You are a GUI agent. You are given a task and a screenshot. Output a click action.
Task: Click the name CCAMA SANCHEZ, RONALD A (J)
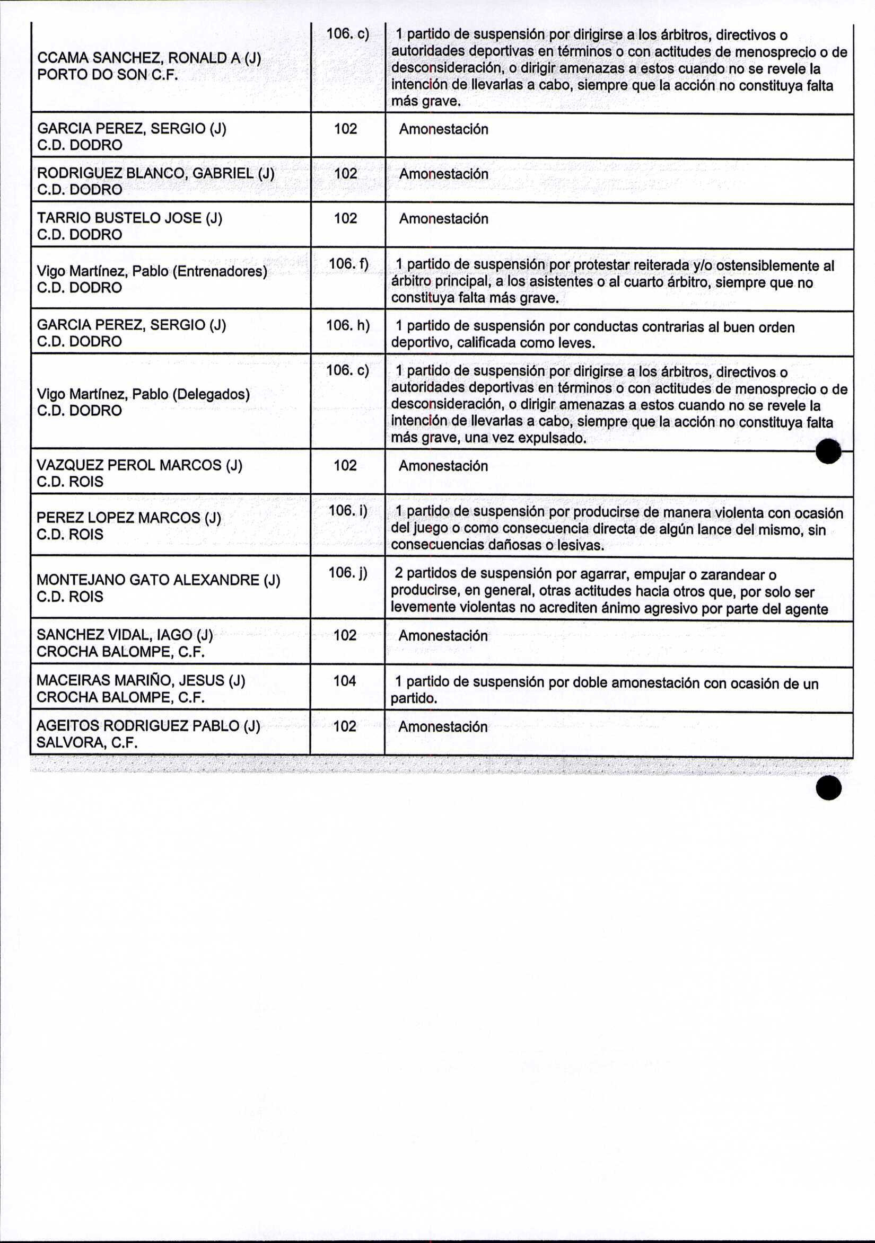click(x=149, y=58)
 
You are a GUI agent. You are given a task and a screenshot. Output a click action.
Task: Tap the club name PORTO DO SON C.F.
click(x=107, y=75)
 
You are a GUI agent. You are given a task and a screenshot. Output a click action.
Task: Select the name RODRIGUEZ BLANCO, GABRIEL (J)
click(x=155, y=173)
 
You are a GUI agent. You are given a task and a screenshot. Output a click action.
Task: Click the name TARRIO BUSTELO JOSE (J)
click(x=129, y=218)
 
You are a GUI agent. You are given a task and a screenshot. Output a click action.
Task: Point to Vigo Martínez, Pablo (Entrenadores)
click(x=152, y=271)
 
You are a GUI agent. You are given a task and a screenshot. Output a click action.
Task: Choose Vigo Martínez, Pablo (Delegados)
click(x=143, y=394)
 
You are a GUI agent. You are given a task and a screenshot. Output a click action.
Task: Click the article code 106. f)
click(x=348, y=264)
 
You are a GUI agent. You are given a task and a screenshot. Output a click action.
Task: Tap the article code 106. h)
click(x=347, y=325)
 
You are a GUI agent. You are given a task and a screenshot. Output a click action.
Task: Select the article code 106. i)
click(x=348, y=511)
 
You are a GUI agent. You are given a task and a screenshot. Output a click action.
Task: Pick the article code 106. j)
click(x=348, y=573)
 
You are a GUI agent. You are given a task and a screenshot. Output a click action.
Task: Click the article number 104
click(x=345, y=681)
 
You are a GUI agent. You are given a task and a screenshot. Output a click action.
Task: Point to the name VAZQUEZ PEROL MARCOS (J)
click(x=139, y=465)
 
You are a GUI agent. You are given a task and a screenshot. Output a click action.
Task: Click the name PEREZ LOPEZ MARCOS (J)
click(x=128, y=518)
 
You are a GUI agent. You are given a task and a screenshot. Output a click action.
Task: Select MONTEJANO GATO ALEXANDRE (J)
click(x=158, y=580)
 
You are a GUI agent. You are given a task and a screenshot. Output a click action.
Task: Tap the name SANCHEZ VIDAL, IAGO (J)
click(x=125, y=635)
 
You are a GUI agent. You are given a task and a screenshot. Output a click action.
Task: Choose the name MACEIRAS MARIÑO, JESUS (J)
click(x=141, y=680)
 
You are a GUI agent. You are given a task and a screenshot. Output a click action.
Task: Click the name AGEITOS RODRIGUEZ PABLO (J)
click(x=148, y=726)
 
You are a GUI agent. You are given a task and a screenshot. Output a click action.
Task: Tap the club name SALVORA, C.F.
click(x=86, y=743)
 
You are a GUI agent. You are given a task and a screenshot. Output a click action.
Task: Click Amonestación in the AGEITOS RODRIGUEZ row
click(x=443, y=727)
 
